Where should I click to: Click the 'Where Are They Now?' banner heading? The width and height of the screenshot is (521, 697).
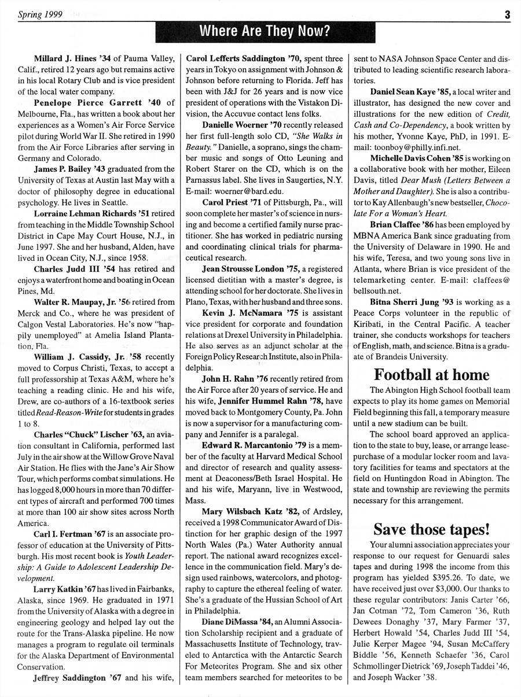(x=265, y=31)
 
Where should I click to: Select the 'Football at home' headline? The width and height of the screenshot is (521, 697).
(x=431, y=374)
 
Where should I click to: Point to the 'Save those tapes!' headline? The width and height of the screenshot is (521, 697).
(x=431, y=529)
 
